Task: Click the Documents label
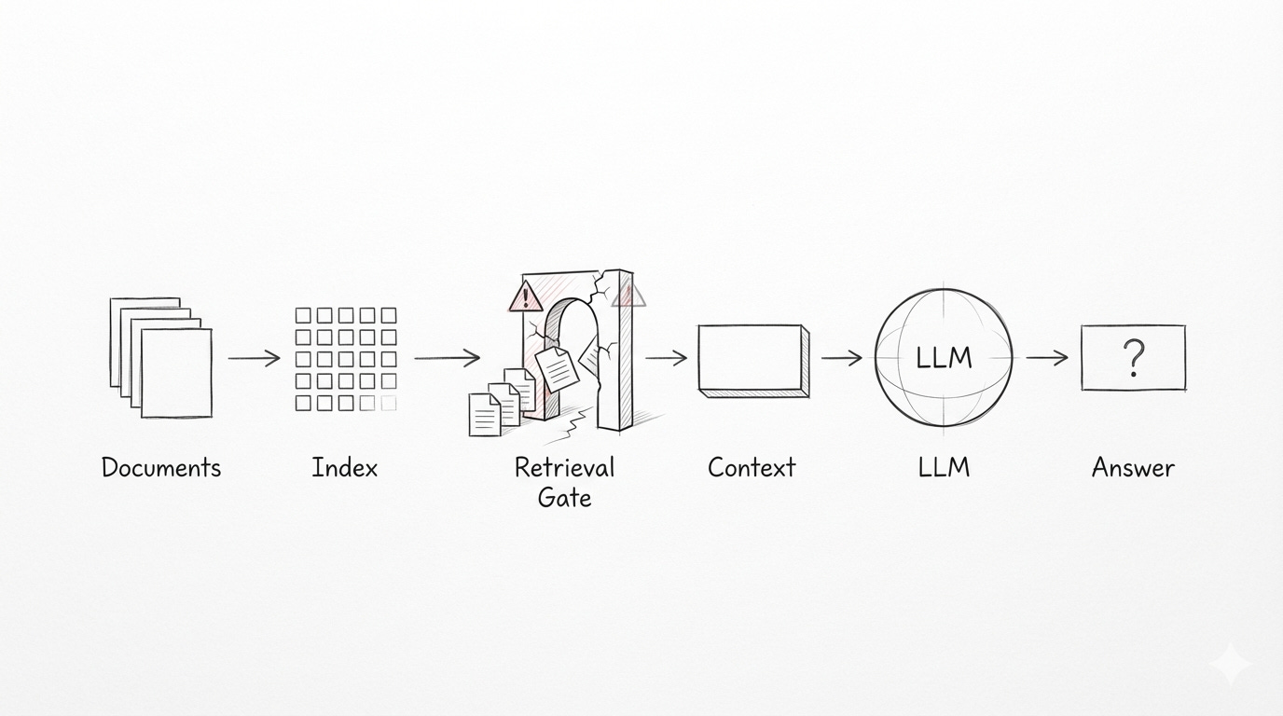pyautogui.click(x=160, y=467)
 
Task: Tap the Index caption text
pyautogui.click(x=345, y=467)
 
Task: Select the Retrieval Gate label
pyautogui.click(x=565, y=481)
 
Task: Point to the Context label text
pyautogui.click(x=752, y=467)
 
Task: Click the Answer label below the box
pyautogui.click(x=1133, y=467)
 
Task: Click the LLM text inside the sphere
pyautogui.click(x=945, y=357)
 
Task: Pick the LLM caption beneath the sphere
pyautogui.click(x=945, y=467)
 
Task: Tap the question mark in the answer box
pyautogui.click(x=1133, y=357)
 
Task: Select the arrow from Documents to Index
pyautogui.click(x=254, y=357)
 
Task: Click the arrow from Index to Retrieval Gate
pyautogui.click(x=447, y=357)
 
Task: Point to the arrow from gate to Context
pyautogui.click(x=666, y=357)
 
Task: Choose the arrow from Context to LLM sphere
pyautogui.click(x=842, y=357)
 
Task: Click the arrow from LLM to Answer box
pyautogui.click(x=1047, y=357)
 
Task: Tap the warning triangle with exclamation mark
pyautogui.click(x=526, y=297)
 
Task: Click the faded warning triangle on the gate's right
pyautogui.click(x=628, y=296)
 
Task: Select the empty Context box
pyautogui.click(x=752, y=359)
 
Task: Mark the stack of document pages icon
pyautogui.click(x=160, y=357)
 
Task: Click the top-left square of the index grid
pyautogui.click(x=303, y=315)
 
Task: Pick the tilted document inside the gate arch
pyautogui.click(x=558, y=369)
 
